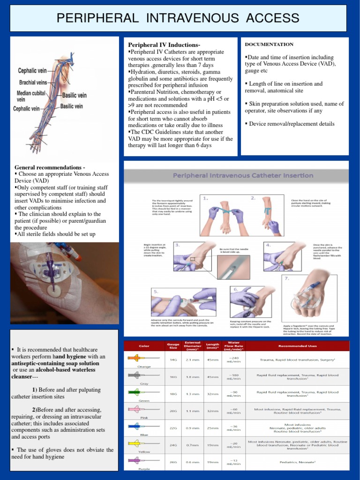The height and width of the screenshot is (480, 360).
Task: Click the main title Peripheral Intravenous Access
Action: pos(178,18)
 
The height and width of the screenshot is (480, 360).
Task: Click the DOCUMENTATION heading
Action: pos(269,44)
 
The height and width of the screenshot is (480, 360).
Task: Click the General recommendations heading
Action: pos(50,167)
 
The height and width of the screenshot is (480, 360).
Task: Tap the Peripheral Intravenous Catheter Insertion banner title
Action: pos(243,175)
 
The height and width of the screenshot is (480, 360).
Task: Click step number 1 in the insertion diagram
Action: pos(205,198)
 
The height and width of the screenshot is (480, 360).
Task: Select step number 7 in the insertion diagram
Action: pos(287,278)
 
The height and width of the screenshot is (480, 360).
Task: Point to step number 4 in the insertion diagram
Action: pos(268,245)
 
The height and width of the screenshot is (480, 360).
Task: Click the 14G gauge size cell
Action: pos(173,360)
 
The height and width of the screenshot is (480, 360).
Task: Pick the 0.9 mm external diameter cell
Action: pos(193,428)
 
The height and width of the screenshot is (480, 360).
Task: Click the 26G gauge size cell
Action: pos(173,462)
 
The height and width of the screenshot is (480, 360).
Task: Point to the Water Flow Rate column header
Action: pos(233,346)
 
